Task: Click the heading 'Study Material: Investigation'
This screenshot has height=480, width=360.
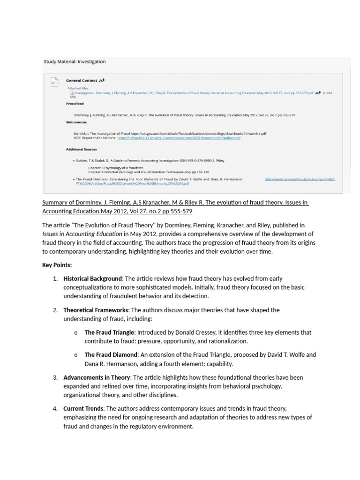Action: [x=75, y=61]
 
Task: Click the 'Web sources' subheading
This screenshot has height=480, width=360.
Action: [x=76, y=122]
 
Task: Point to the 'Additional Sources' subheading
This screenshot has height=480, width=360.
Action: [x=81, y=150]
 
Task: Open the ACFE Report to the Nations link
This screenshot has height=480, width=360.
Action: [x=179, y=138]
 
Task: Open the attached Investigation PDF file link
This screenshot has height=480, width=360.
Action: [x=192, y=93]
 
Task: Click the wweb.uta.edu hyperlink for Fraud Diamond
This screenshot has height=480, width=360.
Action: [x=300, y=179]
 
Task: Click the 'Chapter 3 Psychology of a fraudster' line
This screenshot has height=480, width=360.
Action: [x=116, y=167]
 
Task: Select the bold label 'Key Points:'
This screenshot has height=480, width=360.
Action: [x=57, y=265]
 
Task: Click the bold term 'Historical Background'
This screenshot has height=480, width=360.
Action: [x=92, y=278]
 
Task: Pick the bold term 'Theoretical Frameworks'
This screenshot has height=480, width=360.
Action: [x=96, y=310]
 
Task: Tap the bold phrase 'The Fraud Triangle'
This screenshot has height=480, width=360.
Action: [x=109, y=332]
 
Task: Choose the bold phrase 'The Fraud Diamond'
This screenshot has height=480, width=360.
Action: [x=111, y=355]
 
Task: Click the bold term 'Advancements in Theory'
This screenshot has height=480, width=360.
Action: [x=96, y=377]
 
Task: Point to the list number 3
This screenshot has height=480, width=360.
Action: [x=55, y=377]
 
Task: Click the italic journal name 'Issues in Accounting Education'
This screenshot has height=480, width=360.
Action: [x=82, y=233]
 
